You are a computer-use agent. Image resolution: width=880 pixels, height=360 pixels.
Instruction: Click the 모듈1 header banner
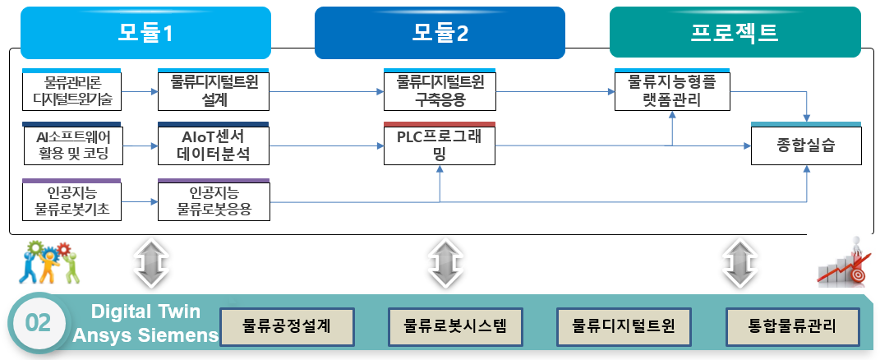pos(146,33)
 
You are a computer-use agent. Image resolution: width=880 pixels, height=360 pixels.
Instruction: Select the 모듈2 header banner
pos(440,33)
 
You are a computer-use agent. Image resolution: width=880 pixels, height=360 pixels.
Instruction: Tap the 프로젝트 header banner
pos(735,32)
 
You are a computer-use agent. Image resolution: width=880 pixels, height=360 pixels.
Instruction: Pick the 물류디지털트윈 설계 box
pos(214,90)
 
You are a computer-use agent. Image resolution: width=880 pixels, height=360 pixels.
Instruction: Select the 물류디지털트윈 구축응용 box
pos(440,90)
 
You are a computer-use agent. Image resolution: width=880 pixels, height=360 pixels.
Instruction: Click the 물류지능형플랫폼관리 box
pos(672,90)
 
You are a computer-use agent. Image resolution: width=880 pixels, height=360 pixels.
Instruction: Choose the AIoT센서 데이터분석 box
pos(214,144)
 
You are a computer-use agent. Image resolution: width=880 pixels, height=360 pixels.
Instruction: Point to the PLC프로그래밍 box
pos(440,144)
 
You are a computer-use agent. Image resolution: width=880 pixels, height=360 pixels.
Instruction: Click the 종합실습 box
pos(806,144)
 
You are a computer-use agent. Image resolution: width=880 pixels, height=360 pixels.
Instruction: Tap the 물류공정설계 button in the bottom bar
pos(287,326)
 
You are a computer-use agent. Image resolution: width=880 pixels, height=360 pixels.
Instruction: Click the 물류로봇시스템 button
pos(455,326)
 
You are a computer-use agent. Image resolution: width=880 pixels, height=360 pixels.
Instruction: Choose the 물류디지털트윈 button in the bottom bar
pos(624,326)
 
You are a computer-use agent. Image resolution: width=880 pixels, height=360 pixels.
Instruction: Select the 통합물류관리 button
pos(792,326)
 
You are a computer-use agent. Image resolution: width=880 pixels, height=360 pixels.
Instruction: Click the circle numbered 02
pos(39,323)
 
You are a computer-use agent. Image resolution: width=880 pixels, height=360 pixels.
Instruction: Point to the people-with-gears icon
pos(49,261)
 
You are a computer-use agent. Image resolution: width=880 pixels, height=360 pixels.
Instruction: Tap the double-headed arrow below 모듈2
pos(445,263)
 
